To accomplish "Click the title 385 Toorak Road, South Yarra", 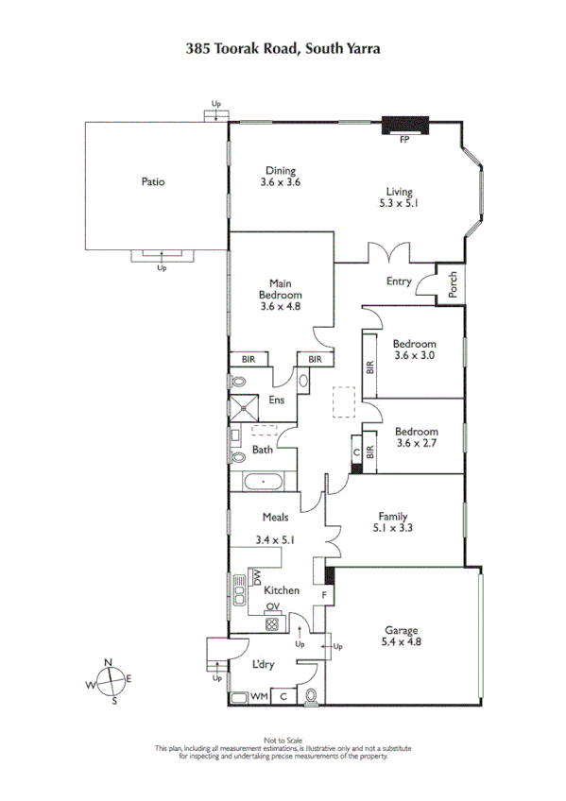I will click(283, 46).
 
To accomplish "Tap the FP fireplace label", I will click(404, 139).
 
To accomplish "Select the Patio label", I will click(153, 181).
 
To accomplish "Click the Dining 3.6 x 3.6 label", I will click(280, 177).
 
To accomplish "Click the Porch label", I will click(453, 287).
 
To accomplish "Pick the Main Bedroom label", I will click(280, 294).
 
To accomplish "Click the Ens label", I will click(277, 400).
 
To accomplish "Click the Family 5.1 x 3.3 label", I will click(393, 522).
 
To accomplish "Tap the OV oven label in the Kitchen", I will click(272, 607).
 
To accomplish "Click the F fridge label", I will click(324, 596).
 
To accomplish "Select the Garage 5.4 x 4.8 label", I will click(401, 636).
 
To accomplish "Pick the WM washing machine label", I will click(258, 697).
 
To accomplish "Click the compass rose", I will click(112, 678).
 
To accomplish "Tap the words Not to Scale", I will click(282, 740).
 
